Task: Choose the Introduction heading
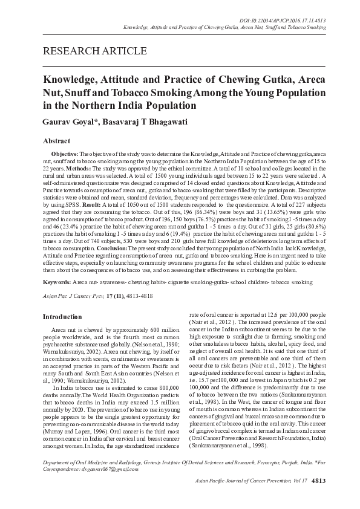(65, 316)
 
